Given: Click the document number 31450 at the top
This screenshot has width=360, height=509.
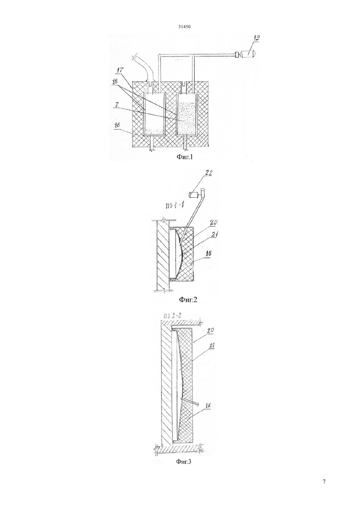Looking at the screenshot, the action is pos(184,26).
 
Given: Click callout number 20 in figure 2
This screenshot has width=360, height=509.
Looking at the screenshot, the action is pos(214,223).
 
